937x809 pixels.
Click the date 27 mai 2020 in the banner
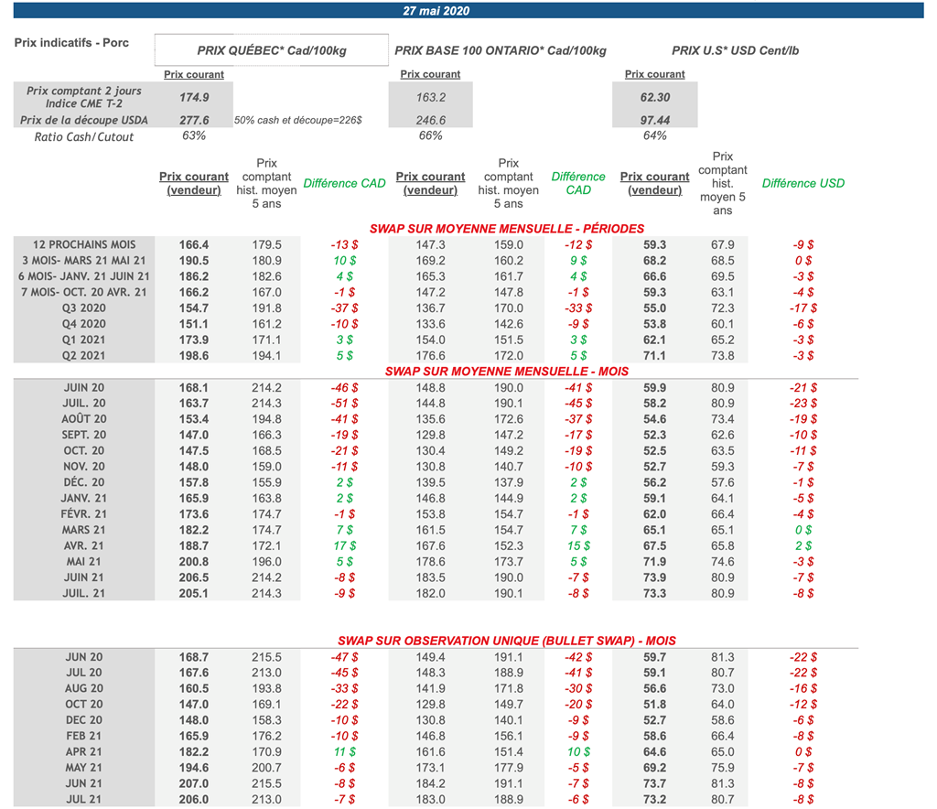(436, 11)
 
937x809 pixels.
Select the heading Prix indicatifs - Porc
(71, 42)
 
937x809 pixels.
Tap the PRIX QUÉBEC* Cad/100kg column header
(272, 50)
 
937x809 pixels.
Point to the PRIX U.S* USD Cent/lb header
(735, 50)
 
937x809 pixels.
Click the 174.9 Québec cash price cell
(194, 97)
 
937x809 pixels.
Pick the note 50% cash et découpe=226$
(298, 120)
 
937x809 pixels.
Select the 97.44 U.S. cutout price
(655, 120)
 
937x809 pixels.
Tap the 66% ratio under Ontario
(430, 135)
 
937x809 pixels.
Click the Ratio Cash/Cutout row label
(84, 137)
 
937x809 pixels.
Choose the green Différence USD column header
(803, 183)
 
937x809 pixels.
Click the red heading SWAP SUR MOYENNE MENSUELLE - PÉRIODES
(507, 229)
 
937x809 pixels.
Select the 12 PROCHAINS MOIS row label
(84, 244)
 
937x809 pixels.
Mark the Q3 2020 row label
(84, 308)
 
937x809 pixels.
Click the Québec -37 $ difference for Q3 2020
(345, 308)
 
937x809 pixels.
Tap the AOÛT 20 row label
(84, 419)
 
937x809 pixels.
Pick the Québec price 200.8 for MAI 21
(194, 562)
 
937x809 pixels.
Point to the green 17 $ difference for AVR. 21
(345, 546)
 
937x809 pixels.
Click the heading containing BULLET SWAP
(507, 642)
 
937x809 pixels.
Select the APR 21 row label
(84, 751)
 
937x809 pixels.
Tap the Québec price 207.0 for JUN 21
(194, 783)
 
